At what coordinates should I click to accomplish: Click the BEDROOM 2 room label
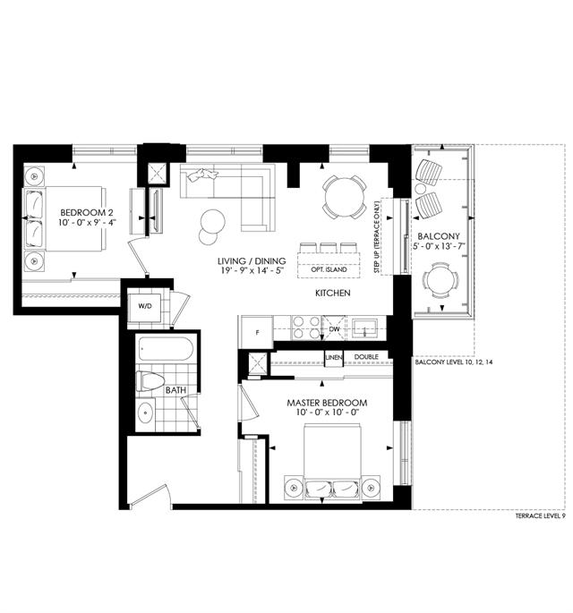87,213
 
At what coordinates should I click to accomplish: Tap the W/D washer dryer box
144,307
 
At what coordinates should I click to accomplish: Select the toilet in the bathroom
150,381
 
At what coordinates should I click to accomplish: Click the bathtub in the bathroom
166,349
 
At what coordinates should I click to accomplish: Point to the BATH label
175,390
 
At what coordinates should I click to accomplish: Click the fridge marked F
257,332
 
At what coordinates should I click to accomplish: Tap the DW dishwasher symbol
335,328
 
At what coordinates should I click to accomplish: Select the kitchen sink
364,328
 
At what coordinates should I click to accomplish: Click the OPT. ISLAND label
329,269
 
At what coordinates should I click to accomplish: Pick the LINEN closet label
334,357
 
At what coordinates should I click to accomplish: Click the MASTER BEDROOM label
327,403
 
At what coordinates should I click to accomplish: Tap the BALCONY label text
439,236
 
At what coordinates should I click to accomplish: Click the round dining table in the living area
344,197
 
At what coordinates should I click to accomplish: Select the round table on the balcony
440,279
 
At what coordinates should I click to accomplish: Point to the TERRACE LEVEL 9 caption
540,516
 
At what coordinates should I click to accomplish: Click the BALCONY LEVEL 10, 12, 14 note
454,362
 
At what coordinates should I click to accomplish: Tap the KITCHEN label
333,293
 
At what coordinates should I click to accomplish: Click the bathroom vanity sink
146,413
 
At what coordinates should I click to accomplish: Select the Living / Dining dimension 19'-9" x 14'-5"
252,270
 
